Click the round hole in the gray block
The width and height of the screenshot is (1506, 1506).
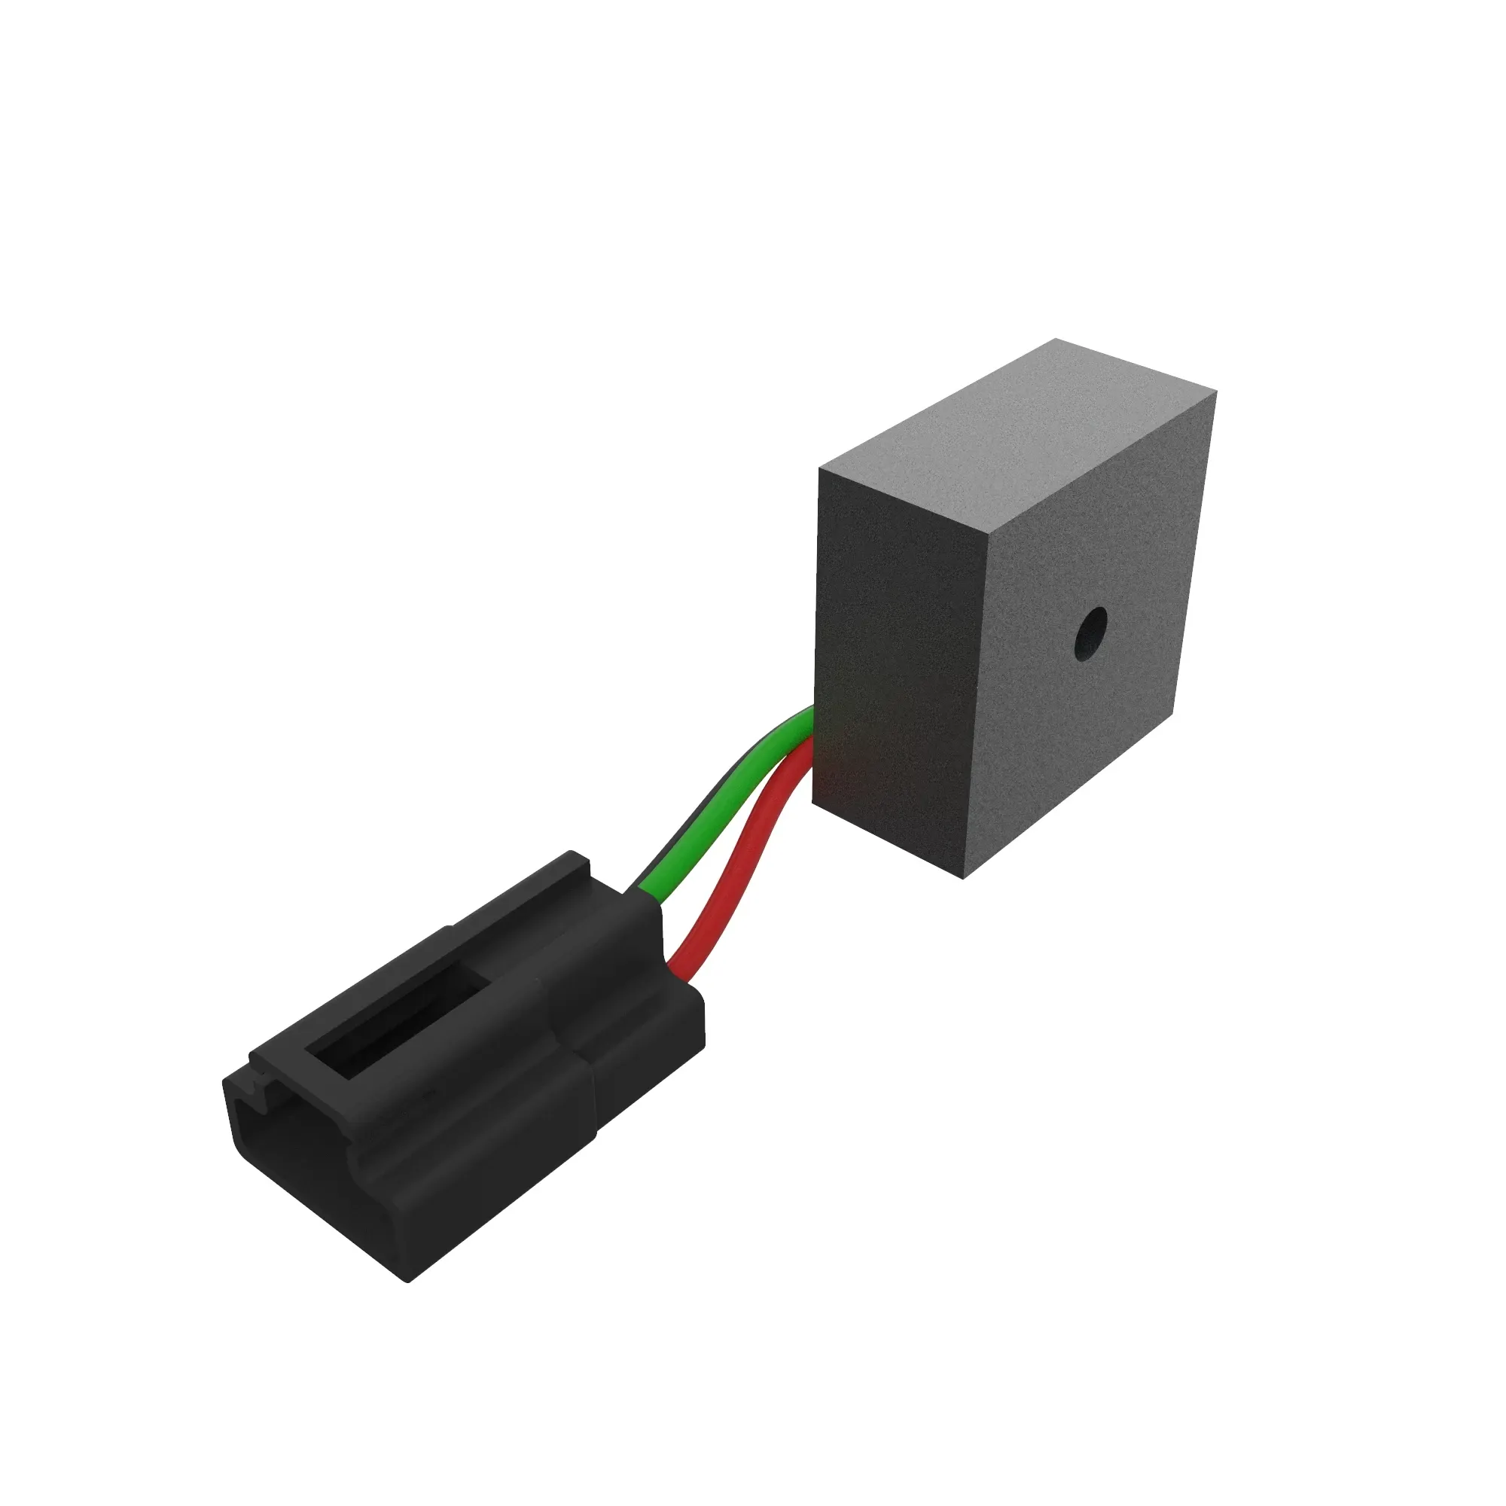pyautogui.click(x=1090, y=634)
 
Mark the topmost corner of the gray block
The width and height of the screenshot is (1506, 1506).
pyautogui.click(x=1056, y=340)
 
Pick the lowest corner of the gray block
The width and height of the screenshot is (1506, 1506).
pyautogui.click(x=964, y=879)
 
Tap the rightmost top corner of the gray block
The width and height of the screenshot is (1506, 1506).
pyautogui.click(x=1216, y=395)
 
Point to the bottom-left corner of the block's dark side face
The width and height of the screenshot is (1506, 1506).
pyautogui.click(x=813, y=800)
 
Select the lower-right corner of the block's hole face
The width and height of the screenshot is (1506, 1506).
pyautogui.click(x=1173, y=711)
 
